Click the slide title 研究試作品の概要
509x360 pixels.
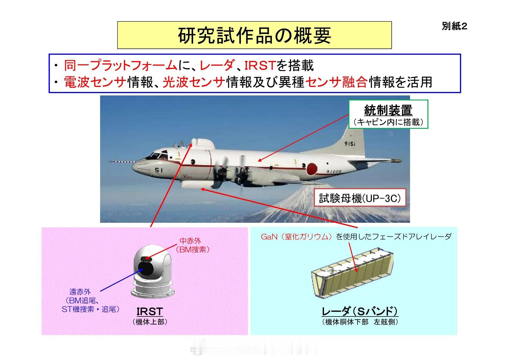pos(254,35)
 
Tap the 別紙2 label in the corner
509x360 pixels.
pos(455,27)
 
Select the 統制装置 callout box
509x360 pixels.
pos(388,114)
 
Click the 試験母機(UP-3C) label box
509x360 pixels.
pos(360,198)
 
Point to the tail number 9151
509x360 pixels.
pos(350,144)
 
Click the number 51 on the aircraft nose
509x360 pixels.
pos(158,170)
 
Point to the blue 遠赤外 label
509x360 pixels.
pos(80,292)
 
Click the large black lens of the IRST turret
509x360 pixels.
pos(146,268)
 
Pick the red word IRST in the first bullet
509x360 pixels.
pos(259,66)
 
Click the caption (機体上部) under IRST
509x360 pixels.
pos(150,322)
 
